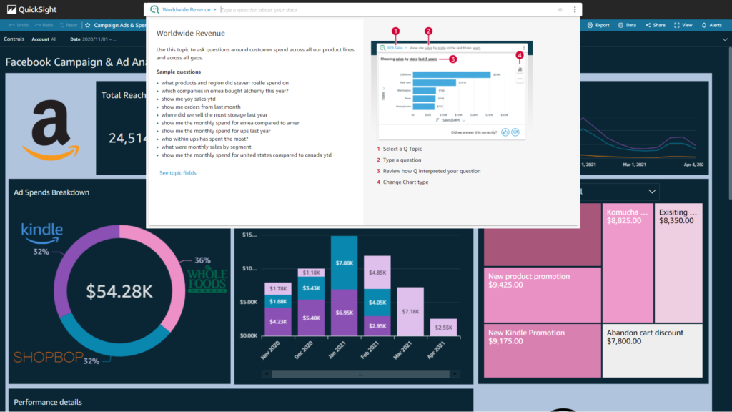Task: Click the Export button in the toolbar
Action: (x=598, y=25)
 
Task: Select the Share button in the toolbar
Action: (x=655, y=25)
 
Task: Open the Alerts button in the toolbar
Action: (x=711, y=25)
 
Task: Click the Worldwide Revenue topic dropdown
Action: (x=189, y=10)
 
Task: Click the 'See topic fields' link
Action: (x=177, y=173)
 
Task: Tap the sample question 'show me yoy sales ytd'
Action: (x=189, y=99)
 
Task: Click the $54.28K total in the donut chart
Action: (x=119, y=291)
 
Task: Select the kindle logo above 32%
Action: (x=42, y=230)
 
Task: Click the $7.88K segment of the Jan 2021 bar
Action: (x=344, y=263)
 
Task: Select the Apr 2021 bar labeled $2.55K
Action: (x=443, y=328)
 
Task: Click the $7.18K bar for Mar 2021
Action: (x=410, y=312)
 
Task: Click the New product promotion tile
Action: (x=542, y=293)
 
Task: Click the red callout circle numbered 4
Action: (x=520, y=55)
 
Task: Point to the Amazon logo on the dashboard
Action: (x=50, y=128)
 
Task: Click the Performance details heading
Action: (x=48, y=402)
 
